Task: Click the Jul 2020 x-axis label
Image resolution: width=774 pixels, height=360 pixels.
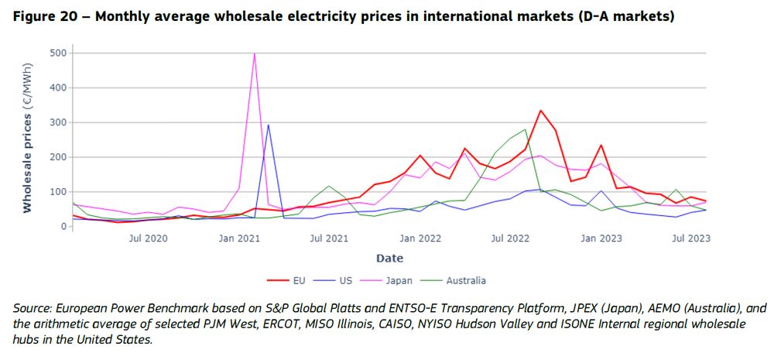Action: pos(148,238)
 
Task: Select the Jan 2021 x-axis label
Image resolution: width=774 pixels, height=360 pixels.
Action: pos(239,238)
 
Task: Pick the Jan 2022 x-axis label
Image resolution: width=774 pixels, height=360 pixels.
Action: pos(420,238)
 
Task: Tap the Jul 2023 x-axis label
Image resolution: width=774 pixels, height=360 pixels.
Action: pos(690,238)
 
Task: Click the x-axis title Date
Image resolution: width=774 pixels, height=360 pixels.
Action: pos(389,258)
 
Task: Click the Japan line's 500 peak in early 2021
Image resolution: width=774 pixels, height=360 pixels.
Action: pos(255,53)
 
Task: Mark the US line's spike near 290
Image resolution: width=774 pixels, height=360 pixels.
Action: pos(269,125)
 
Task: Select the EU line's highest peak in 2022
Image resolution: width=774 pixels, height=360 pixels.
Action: pos(540,111)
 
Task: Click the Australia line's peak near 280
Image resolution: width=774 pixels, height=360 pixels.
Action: pos(526,129)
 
